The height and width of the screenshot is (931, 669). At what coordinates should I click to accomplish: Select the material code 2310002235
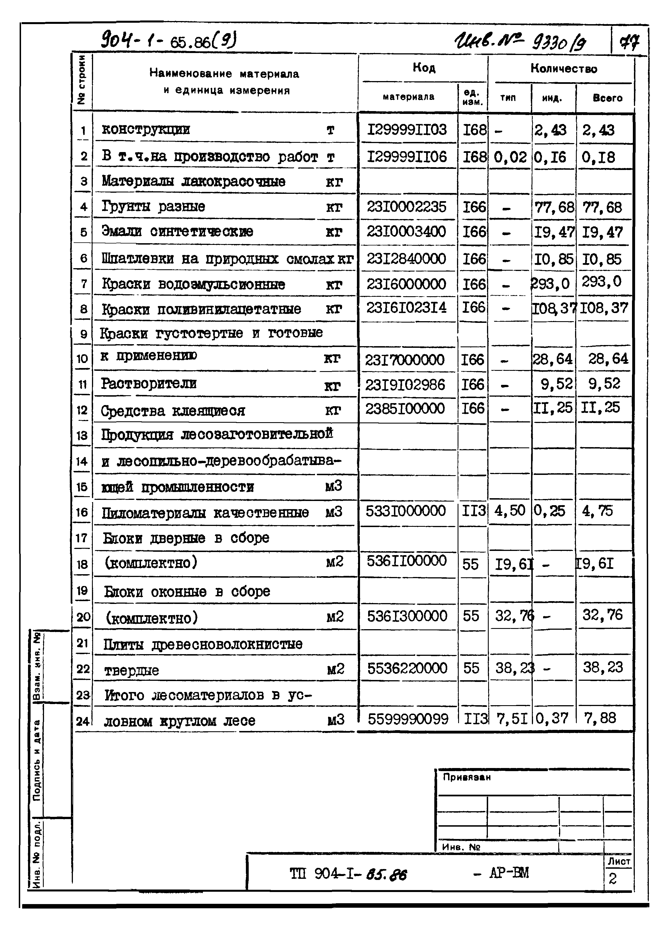point(406,206)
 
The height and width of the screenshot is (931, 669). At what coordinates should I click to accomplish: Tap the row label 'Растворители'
point(149,383)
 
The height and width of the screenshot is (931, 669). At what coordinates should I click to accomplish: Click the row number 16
point(82,512)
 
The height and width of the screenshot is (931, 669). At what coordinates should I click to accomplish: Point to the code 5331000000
point(405,511)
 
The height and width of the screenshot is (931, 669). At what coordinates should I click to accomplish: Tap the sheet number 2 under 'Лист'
point(612,879)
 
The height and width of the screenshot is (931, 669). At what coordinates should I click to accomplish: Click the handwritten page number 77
point(629,42)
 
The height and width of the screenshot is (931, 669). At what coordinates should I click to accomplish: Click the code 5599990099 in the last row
point(408,719)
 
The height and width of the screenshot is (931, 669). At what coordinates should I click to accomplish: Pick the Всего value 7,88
point(600,718)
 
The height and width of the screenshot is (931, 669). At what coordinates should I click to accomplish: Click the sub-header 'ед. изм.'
point(472,98)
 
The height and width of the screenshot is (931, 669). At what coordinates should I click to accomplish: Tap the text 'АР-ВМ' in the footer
point(509,873)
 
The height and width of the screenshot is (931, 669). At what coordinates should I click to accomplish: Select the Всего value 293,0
point(601,282)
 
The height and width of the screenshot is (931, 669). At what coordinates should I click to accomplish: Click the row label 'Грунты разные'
point(153,206)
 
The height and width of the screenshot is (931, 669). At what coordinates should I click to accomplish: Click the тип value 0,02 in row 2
point(509,157)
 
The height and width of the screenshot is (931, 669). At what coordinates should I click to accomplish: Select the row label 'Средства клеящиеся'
point(173,410)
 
